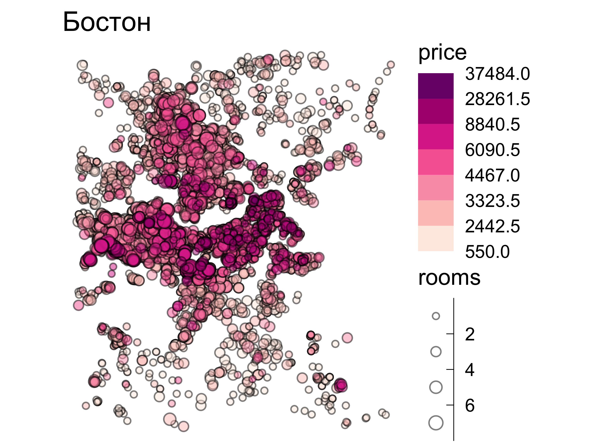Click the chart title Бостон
(x=107, y=22)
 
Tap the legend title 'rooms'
(x=449, y=278)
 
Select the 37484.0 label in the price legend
(x=497, y=74)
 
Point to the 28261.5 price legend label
(x=497, y=99)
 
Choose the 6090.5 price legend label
(x=492, y=150)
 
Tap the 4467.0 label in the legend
(x=492, y=176)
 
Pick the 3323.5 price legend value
(x=492, y=201)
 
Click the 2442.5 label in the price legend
(x=492, y=226)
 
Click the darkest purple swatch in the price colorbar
(x=436, y=86)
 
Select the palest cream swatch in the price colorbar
(x=436, y=238)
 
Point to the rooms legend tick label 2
(x=470, y=334)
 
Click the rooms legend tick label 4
(x=470, y=370)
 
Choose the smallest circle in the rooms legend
(x=436, y=316)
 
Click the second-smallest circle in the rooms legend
(x=436, y=352)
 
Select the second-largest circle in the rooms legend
(x=436, y=387)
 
